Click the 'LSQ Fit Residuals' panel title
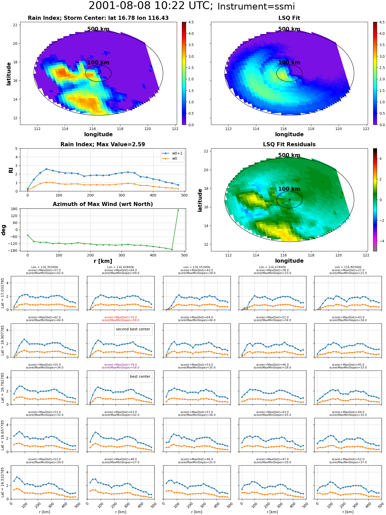click(x=289, y=144)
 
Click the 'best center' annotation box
click(x=140, y=376)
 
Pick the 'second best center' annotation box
click(x=133, y=329)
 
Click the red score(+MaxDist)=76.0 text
click(x=120, y=317)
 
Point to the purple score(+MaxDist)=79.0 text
click(x=120, y=365)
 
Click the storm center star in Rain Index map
click(x=98, y=73)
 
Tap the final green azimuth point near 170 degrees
click(x=178, y=210)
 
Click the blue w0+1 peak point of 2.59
click(x=46, y=169)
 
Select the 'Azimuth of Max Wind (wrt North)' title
click(x=103, y=204)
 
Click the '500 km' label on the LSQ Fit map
click(x=289, y=29)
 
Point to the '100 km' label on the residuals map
click(x=289, y=189)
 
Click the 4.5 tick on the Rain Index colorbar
click(x=191, y=22)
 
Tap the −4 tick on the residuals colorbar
click(x=380, y=241)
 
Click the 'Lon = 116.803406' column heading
click(x=348, y=267)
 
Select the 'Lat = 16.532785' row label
click(x=3, y=482)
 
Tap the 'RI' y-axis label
click(x=11, y=170)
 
